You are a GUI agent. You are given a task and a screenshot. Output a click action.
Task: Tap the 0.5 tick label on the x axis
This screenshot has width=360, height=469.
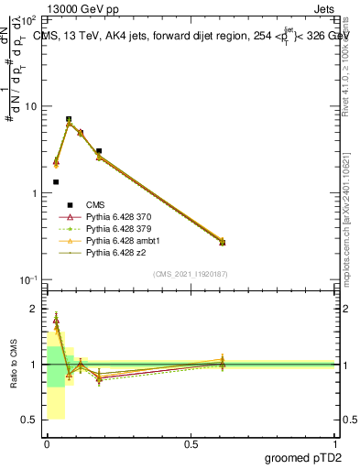191,444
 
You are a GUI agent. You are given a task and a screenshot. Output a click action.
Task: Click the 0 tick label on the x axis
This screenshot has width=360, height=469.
47,444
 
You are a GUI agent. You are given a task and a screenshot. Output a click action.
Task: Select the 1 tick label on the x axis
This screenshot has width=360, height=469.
335,444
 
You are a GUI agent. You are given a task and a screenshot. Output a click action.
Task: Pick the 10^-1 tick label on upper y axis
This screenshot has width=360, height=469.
29,280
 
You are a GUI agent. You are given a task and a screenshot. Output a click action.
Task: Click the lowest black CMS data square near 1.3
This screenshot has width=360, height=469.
56,182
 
